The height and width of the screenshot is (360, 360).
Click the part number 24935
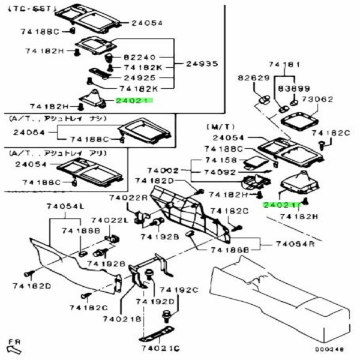[x=202, y=64]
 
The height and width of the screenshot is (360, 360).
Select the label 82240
[x=140, y=57]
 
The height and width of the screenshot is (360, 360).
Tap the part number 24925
[x=140, y=78]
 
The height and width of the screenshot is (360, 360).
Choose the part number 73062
[x=317, y=100]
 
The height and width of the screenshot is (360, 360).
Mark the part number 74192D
[x=157, y=301]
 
